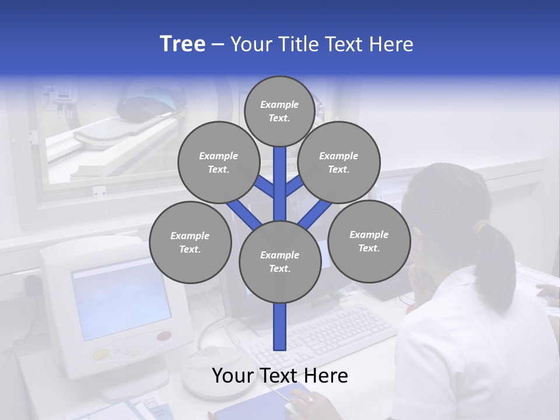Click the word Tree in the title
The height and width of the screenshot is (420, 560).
[x=183, y=44]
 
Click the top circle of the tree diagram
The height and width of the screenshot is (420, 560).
[x=279, y=111]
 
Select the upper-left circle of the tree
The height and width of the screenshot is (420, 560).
[x=218, y=162]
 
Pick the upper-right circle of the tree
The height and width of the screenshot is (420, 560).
[x=339, y=162]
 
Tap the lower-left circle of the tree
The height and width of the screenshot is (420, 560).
[x=190, y=242]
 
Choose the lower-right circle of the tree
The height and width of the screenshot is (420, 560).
[x=369, y=241]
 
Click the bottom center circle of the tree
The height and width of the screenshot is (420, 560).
[x=280, y=261]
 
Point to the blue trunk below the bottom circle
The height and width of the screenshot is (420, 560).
[x=280, y=327]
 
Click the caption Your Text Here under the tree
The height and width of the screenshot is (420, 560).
[x=280, y=376]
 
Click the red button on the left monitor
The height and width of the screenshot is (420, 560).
[x=164, y=337]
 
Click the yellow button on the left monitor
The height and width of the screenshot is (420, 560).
[x=101, y=354]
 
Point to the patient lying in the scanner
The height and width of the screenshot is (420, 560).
[x=140, y=108]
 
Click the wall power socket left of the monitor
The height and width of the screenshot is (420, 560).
[x=32, y=284]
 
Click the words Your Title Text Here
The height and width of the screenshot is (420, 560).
[x=322, y=44]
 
